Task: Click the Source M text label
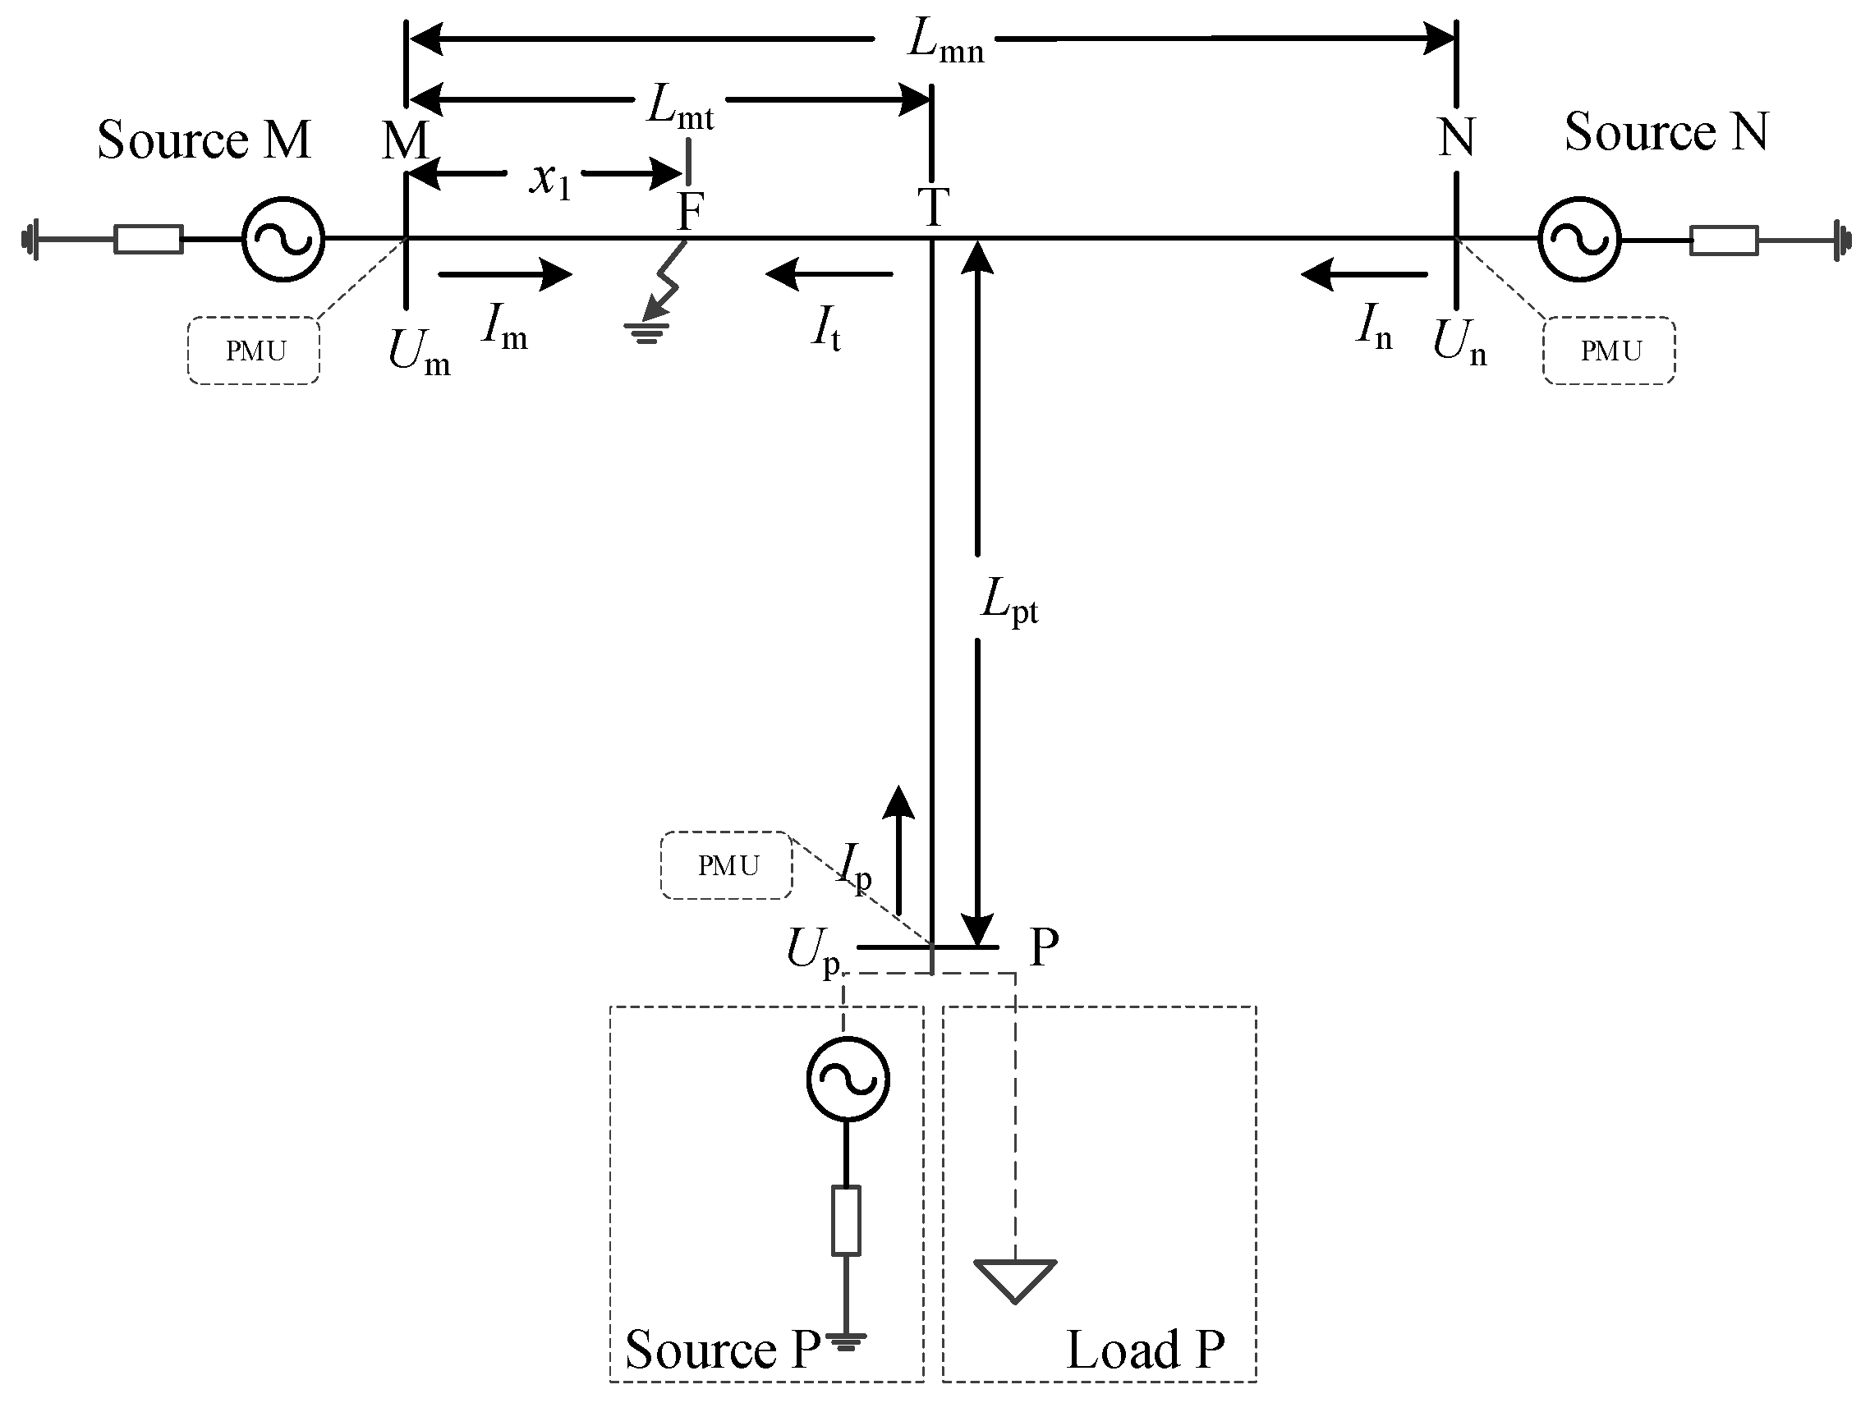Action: [x=204, y=140]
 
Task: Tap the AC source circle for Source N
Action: [x=1579, y=240]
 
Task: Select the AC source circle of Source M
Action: [x=283, y=239]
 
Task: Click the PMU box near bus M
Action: [x=254, y=351]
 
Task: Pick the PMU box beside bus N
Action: [x=1610, y=351]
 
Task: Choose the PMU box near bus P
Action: [x=727, y=865]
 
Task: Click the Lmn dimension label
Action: [x=944, y=42]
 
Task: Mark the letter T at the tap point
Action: [x=933, y=207]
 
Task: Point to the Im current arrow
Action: [x=506, y=274]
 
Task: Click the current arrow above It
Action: [x=829, y=274]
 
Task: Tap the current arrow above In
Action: [x=1363, y=274]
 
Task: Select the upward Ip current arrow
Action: [x=898, y=850]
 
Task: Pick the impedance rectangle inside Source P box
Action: [x=846, y=1221]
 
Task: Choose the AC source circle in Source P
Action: [x=847, y=1080]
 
